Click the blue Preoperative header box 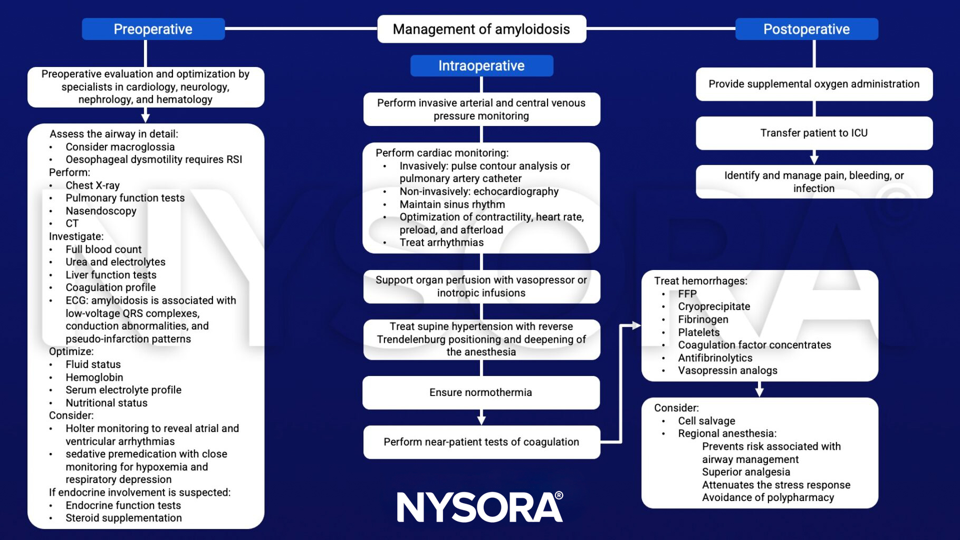click(153, 29)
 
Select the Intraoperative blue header click(482, 66)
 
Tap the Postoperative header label click(806, 29)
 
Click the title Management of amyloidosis click(481, 29)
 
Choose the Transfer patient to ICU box click(813, 133)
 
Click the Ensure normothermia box click(481, 392)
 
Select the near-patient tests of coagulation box click(481, 442)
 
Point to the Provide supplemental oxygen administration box click(813, 84)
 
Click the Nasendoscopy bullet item click(101, 211)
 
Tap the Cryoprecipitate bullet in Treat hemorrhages click(714, 306)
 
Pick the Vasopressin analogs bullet click(727, 370)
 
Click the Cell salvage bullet click(706, 421)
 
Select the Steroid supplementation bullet click(123, 518)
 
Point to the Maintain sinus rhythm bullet click(452, 204)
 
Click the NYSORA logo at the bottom click(480, 507)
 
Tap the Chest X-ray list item click(92, 185)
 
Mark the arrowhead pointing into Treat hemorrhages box click(636, 326)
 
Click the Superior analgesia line click(746, 472)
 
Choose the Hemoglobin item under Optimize click(94, 377)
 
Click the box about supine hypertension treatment click(481, 339)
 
